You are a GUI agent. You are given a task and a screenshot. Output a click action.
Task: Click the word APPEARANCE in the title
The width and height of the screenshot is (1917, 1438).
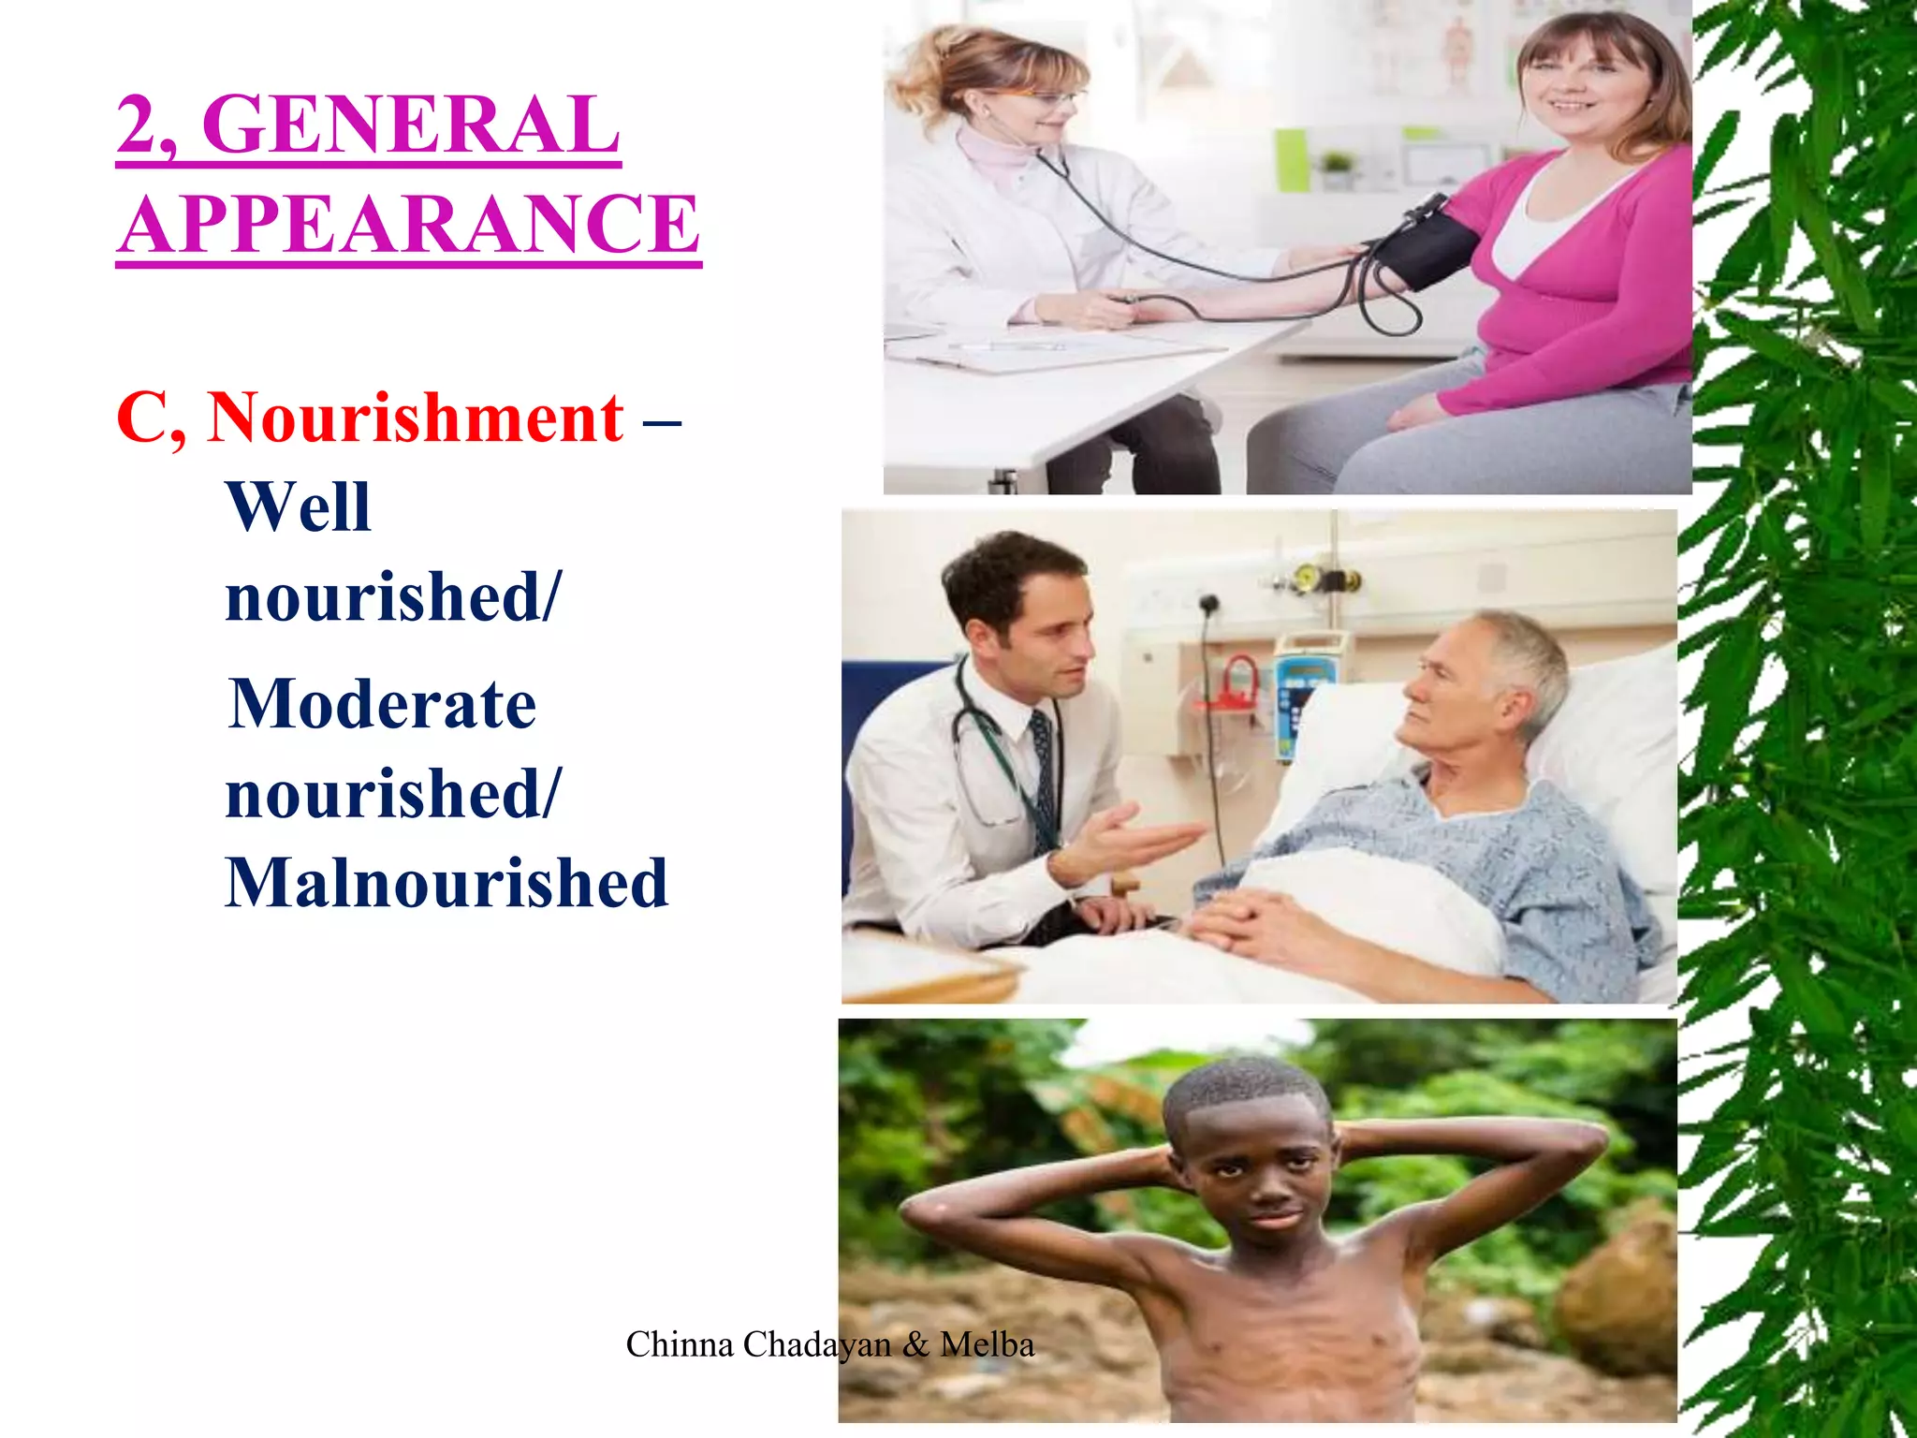pyautogui.click(x=410, y=225)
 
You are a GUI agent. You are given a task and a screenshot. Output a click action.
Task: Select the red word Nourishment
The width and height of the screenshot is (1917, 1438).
pyautogui.click(x=416, y=418)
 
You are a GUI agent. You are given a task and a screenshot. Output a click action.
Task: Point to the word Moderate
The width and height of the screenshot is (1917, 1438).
pyautogui.click(x=383, y=704)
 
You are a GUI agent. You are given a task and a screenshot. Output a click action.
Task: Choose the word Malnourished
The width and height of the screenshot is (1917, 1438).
pyautogui.click(x=446, y=883)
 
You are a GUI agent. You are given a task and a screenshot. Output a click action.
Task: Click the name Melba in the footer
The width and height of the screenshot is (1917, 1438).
pyautogui.click(x=987, y=1345)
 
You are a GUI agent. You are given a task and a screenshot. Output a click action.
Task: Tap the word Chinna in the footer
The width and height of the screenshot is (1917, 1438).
pyautogui.click(x=679, y=1345)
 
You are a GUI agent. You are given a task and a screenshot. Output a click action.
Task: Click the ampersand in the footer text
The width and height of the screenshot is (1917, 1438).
pyautogui.click(x=915, y=1345)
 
